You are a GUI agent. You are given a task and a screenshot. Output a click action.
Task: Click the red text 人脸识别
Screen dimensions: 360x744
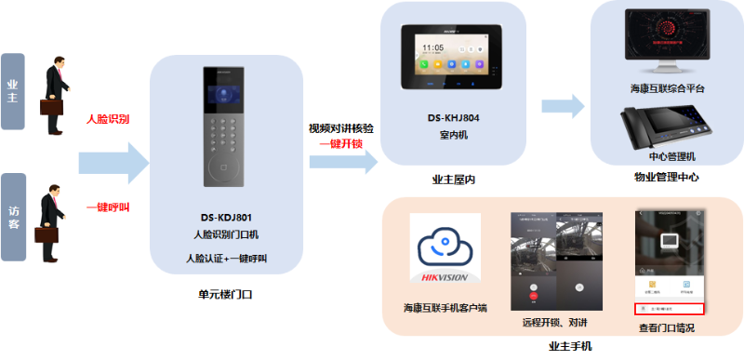(x=108, y=119)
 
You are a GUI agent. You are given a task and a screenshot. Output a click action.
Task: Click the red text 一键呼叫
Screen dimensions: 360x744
(x=108, y=207)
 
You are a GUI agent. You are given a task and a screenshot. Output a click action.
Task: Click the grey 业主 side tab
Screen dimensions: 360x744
(x=13, y=91)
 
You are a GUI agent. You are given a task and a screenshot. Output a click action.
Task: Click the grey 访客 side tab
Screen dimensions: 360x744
(x=13, y=211)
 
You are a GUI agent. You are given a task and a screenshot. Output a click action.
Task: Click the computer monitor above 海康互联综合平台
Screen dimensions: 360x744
(x=666, y=42)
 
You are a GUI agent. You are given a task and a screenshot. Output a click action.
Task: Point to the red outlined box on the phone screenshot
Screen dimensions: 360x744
(x=670, y=308)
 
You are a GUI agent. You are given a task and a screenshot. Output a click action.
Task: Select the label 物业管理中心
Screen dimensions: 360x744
(x=667, y=177)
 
